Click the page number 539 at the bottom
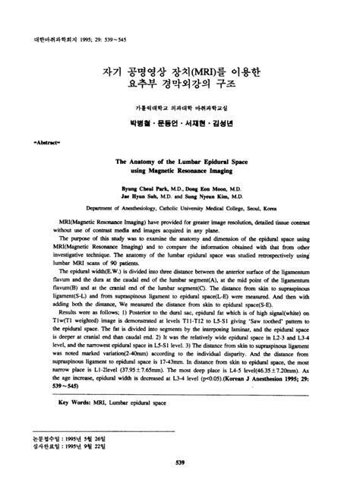(180, 462)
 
